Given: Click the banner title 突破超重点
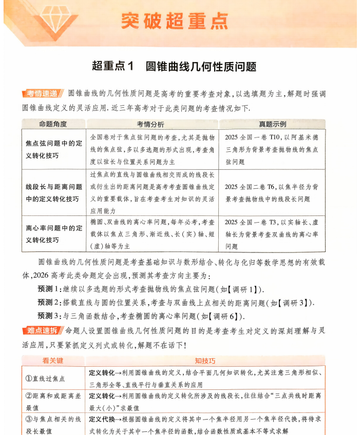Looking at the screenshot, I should pyautogui.click(x=174, y=21).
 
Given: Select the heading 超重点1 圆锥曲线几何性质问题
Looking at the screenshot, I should pyautogui.click(x=174, y=66).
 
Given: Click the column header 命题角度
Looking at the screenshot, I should pyautogui.click(x=53, y=124).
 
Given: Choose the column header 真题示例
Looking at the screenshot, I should pyautogui.click(x=272, y=124).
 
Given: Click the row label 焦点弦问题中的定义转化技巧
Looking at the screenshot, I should pyautogui.click(x=53, y=149).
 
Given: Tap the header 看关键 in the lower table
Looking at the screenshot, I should pyautogui.click(x=52, y=361).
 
